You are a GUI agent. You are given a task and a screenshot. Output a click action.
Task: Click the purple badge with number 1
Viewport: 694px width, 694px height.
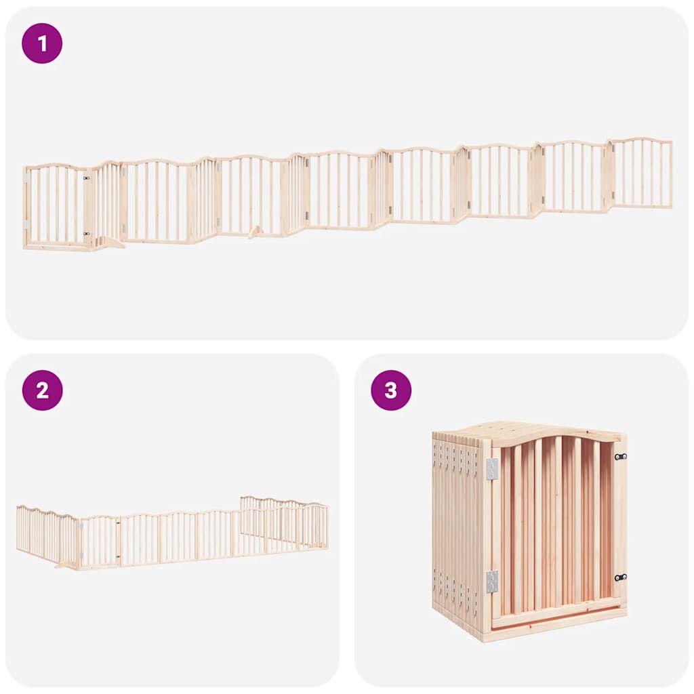click(x=42, y=43)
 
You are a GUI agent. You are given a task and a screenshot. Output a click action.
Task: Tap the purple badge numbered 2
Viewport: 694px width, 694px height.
click(x=42, y=390)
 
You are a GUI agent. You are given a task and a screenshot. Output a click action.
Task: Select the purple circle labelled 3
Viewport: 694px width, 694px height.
click(x=391, y=390)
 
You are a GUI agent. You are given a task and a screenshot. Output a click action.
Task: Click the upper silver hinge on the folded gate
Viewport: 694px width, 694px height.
click(x=492, y=468)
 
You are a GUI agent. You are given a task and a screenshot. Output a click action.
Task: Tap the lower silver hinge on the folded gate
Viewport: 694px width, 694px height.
click(x=492, y=581)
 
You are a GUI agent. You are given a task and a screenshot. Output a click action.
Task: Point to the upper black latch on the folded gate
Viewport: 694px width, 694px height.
click(x=620, y=457)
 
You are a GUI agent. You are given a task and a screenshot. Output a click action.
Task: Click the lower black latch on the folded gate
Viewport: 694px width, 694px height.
click(x=620, y=577)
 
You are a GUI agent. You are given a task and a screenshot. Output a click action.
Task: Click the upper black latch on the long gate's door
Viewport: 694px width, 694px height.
click(x=86, y=178)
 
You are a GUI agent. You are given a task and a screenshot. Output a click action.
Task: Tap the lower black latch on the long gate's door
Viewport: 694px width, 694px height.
click(x=86, y=234)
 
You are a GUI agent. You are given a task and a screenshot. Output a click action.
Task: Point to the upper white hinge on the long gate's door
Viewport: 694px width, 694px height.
click(x=26, y=178)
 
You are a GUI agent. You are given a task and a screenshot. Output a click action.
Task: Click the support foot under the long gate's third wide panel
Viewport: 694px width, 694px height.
click(x=256, y=232)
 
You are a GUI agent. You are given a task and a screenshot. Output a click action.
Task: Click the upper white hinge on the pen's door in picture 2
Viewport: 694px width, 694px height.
click(x=81, y=525)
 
